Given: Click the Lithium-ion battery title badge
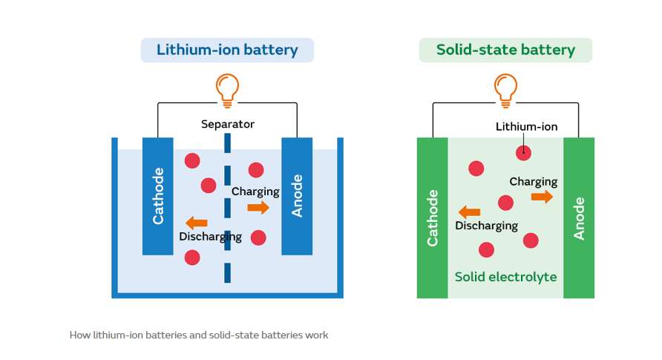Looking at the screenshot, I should tap(227, 50).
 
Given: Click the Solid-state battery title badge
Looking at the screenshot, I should tap(505, 50).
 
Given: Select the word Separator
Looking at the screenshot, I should tap(227, 124).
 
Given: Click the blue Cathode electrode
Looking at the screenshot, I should tap(157, 195).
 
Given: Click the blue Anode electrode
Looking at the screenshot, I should tap(297, 195).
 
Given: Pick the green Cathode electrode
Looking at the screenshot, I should tap(432, 217).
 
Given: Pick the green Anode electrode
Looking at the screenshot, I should tap(579, 217).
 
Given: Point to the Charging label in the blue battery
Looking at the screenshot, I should tap(255, 192).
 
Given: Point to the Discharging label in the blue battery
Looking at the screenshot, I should tap(210, 238).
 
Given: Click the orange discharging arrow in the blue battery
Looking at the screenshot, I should tap(196, 223).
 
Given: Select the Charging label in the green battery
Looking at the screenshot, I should tap(533, 182).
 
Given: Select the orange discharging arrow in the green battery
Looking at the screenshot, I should tap(469, 212).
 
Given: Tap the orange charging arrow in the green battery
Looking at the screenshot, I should tap(542, 197).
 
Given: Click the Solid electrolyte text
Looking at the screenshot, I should tap(505, 277).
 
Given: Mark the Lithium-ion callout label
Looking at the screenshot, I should tap(526, 127).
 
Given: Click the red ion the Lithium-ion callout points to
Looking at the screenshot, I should tap(524, 153).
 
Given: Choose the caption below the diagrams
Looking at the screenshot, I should tap(199, 335).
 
